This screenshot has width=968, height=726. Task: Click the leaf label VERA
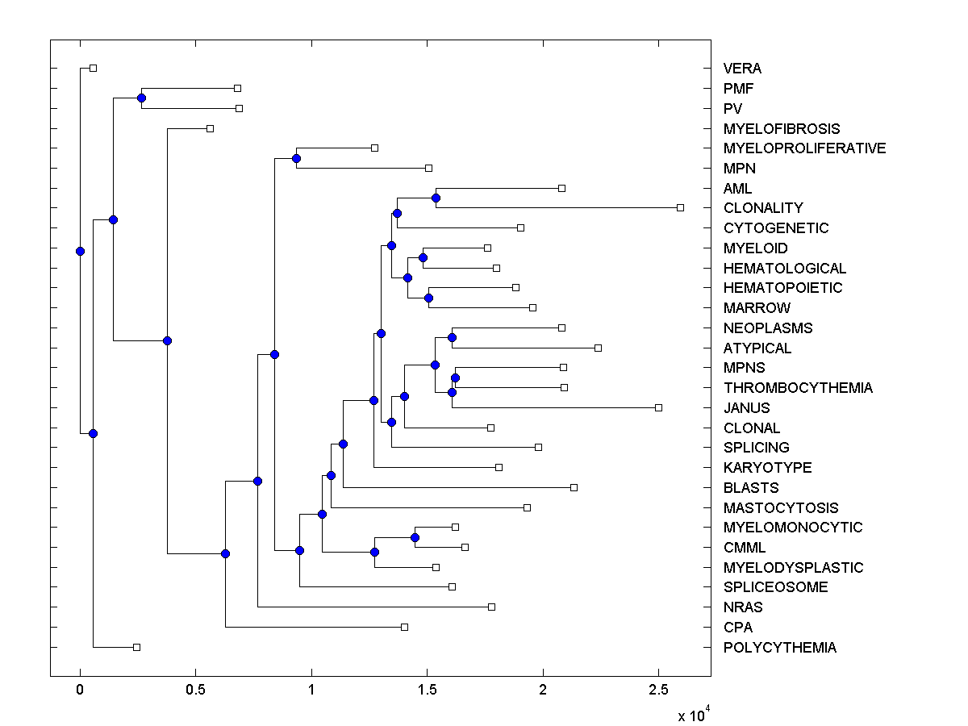tap(742, 69)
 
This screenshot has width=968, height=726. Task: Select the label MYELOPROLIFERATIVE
tap(804, 148)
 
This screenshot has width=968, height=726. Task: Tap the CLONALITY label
tap(763, 208)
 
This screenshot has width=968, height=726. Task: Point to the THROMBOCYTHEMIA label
tap(798, 388)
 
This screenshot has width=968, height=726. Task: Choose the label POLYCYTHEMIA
tap(780, 648)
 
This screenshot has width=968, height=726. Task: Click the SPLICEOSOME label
tap(775, 587)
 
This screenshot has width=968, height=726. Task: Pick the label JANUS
tap(746, 408)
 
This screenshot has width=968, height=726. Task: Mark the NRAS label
tap(743, 607)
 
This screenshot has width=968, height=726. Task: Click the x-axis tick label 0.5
tap(194, 691)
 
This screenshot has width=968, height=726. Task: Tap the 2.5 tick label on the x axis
tap(658, 691)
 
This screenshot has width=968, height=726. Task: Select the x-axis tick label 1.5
tap(427, 691)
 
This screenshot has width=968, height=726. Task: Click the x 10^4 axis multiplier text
tap(692, 714)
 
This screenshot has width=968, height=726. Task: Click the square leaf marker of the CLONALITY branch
tap(680, 208)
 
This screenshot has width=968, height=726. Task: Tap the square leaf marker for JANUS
tap(659, 407)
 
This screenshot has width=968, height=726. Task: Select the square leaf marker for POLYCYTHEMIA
tap(136, 647)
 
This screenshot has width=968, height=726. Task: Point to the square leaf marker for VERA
tap(93, 68)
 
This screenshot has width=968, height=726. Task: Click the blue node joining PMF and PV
tap(141, 98)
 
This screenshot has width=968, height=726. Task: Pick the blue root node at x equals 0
tap(80, 251)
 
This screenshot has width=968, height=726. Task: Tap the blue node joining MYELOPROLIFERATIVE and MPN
tap(296, 158)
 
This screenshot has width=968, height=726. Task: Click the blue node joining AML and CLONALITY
tap(436, 198)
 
